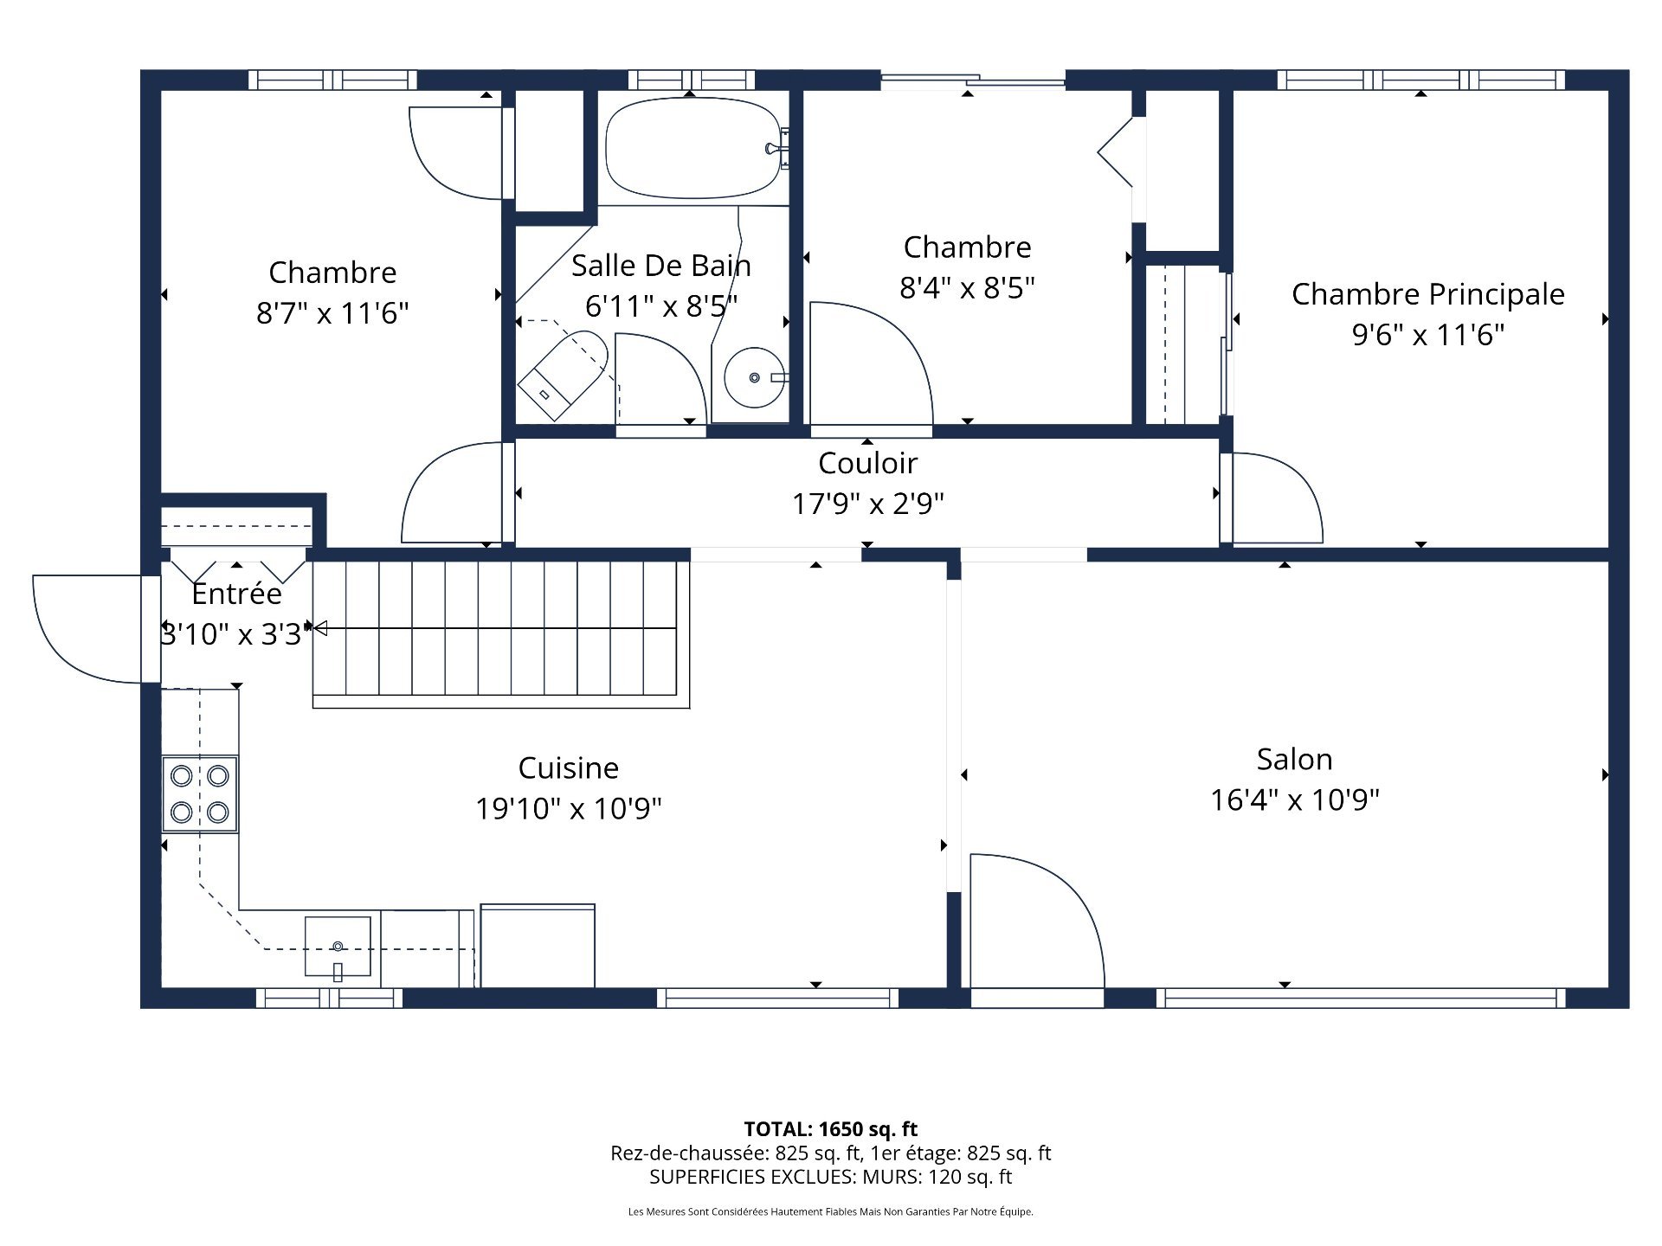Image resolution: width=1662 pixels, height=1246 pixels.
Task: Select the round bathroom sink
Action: pos(754,378)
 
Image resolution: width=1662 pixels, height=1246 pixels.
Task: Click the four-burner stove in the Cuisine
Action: pos(200,793)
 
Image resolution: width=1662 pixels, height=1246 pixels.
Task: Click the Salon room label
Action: pos(1294,759)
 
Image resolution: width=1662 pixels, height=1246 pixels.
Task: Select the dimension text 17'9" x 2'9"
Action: pos(867,503)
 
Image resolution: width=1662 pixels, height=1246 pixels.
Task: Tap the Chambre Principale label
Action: pos(1427,294)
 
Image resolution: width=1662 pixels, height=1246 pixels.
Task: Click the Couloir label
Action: pos(867,463)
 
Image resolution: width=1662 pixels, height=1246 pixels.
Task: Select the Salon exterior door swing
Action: pos(1034,917)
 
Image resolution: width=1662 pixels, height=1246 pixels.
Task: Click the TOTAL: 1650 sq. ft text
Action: pos(830,1129)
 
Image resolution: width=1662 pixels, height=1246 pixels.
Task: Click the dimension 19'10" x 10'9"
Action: pos(568,808)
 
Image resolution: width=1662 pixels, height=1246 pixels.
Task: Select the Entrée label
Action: pos(236,594)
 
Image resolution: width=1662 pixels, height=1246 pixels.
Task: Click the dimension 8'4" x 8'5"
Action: pos(967,287)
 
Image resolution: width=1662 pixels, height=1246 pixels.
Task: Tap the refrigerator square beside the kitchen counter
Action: pos(538,946)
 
